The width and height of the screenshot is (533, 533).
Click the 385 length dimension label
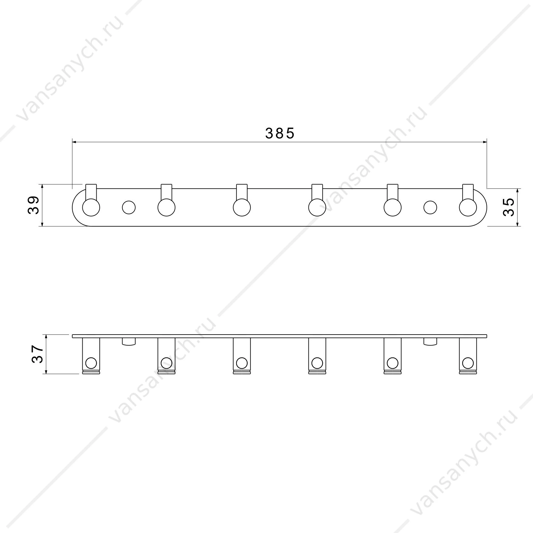[280, 133]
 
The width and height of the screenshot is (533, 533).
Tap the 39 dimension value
[34, 205]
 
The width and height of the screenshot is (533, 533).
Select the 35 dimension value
[508, 207]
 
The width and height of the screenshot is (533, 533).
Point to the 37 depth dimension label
[38, 354]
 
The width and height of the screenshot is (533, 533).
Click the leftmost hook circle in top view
[91, 208]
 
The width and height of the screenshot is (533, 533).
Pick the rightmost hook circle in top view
[468, 208]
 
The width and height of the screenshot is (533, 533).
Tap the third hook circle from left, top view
[242, 208]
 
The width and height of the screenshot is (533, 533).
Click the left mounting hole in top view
[129, 208]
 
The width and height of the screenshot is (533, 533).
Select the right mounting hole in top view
[430, 208]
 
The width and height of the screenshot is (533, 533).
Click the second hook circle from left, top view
[166, 208]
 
